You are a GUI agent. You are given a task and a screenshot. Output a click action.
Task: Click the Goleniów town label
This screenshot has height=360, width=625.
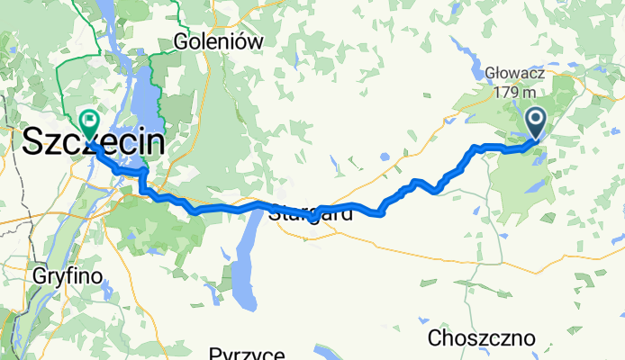click(219, 41)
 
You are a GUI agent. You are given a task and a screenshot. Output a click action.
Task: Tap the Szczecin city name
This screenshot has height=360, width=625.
click(94, 143)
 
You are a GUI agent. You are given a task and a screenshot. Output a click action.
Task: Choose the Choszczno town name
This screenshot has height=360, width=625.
click(482, 338)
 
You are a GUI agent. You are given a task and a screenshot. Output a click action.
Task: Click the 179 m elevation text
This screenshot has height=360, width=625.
click(516, 92)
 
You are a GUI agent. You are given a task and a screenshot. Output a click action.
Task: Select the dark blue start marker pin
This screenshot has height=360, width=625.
click(535, 120)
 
